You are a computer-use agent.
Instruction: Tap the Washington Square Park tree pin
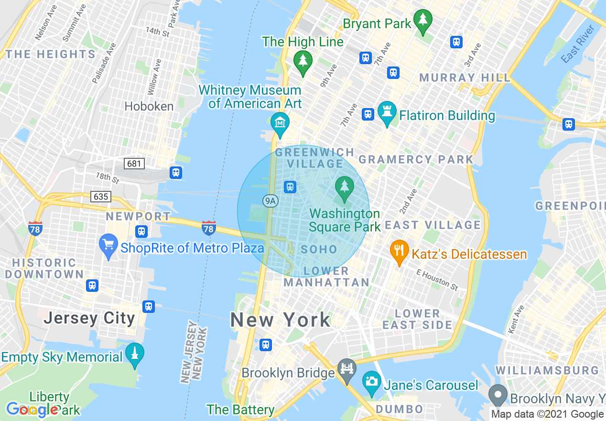(x=344, y=188)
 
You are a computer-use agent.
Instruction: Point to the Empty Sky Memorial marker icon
(x=135, y=355)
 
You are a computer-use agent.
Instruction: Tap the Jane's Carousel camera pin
(x=371, y=382)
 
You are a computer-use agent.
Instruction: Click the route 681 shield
(x=134, y=164)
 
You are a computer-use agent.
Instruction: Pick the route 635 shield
(x=101, y=196)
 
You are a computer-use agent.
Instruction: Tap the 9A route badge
(x=270, y=201)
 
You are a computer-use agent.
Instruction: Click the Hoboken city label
(x=149, y=106)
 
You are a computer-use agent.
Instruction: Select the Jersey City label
(x=89, y=319)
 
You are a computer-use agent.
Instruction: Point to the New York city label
(x=281, y=320)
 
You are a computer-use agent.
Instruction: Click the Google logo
(x=32, y=410)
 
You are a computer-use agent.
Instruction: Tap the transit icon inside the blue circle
(x=290, y=187)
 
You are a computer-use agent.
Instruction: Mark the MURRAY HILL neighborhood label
(x=465, y=78)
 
